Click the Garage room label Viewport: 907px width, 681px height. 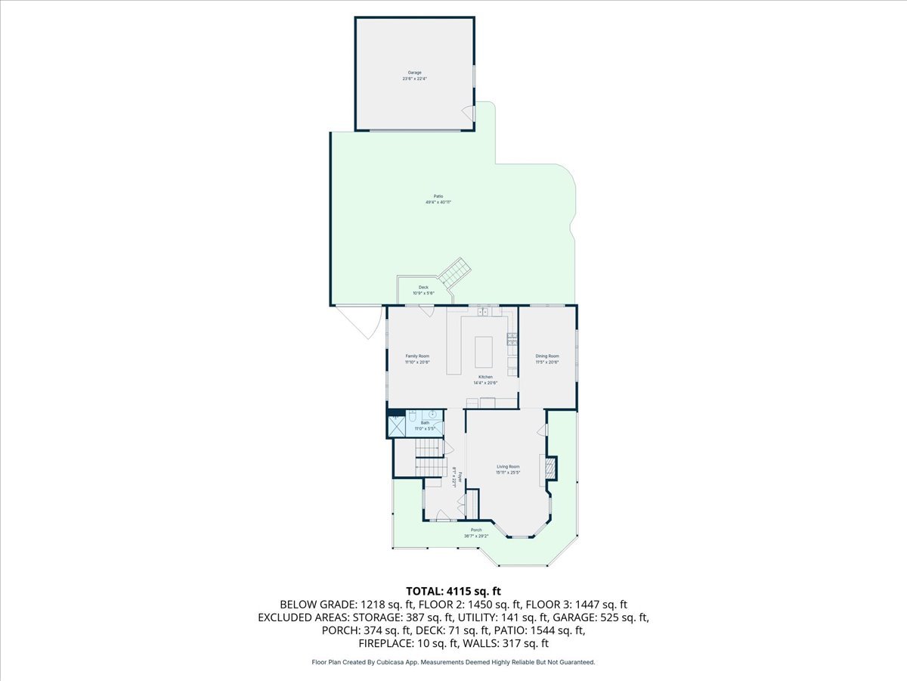coord(414,73)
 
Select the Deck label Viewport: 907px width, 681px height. coord(423,288)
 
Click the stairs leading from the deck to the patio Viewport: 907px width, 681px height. coord(455,272)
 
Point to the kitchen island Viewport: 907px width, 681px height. coord(484,351)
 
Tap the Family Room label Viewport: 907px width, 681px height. coord(417,356)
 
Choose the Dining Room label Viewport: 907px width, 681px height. coord(547,356)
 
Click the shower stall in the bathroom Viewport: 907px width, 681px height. coord(396,425)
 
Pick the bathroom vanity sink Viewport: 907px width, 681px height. coord(432,415)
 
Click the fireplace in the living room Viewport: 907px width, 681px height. coord(550,469)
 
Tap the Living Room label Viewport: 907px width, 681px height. coord(508,466)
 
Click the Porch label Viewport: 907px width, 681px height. coord(476,530)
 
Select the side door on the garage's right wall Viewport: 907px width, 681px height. coord(469,113)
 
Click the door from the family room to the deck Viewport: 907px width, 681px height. coord(427,310)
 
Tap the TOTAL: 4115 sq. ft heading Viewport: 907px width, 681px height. coord(453,591)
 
